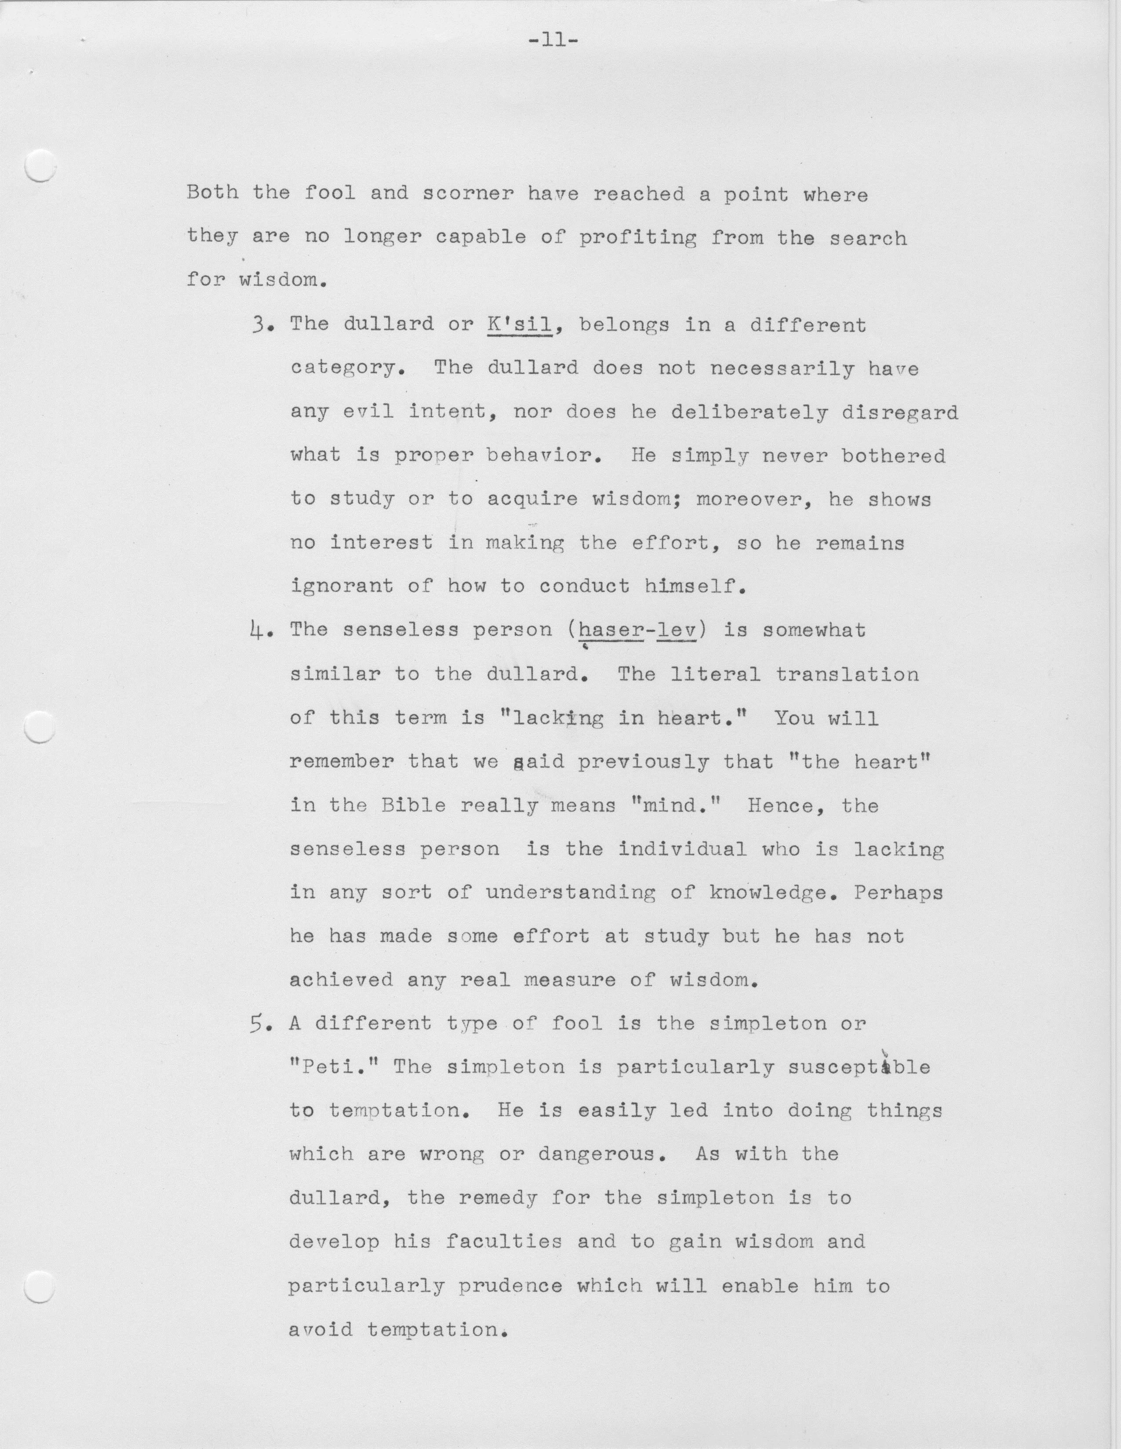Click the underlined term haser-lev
tap(638, 630)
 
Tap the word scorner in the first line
tap(468, 194)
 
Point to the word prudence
tap(510, 1286)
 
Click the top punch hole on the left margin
tap(39, 166)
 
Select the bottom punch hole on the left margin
tap(39, 1288)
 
